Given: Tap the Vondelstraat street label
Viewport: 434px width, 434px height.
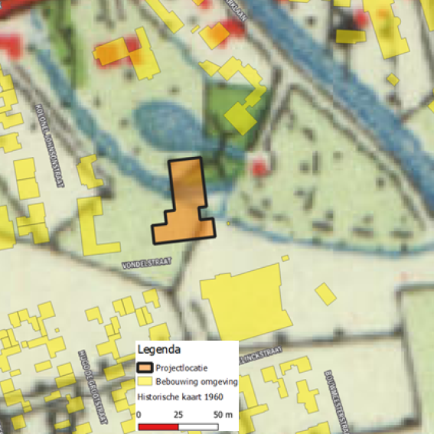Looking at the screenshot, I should click(145, 263).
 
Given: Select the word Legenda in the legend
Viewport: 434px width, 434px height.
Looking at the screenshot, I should click(159, 350).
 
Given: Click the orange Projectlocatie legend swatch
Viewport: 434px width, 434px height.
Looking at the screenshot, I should click(145, 367).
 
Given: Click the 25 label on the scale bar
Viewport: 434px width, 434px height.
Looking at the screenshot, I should click(178, 414).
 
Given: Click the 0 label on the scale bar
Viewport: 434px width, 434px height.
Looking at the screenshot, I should click(139, 414).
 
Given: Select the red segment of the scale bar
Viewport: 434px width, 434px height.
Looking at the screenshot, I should click(158, 424).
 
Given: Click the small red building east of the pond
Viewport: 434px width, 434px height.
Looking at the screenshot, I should click(261, 165).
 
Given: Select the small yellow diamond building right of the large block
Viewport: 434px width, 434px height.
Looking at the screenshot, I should click(325, 292).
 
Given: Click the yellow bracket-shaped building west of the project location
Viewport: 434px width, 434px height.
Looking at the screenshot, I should click(96, 226).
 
